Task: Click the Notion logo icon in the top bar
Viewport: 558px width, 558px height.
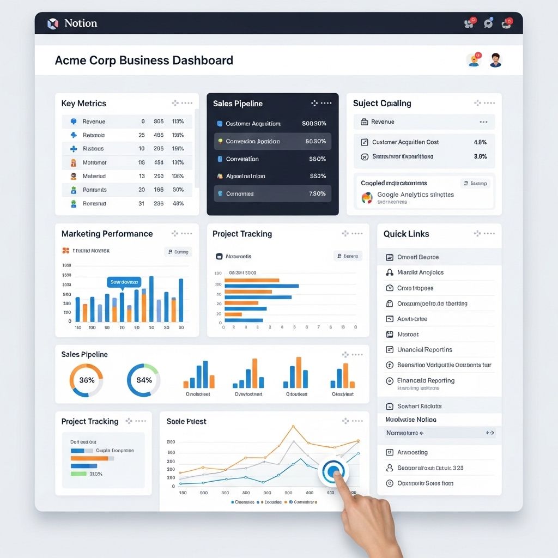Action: [x=53, y=23]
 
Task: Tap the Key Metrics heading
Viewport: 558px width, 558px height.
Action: [x=84, y=104]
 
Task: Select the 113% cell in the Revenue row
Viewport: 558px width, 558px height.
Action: [x=178, y=122]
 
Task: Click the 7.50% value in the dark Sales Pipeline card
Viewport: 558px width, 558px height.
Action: [x=317, y=194]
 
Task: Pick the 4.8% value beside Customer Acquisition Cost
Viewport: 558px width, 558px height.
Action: [x=480, y=142]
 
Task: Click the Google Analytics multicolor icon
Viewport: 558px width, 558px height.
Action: [x=367, y=198]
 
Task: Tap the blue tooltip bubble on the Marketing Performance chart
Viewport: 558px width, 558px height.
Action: [x=124, y=282]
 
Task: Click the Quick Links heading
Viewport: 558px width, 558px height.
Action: [x=406, y=234]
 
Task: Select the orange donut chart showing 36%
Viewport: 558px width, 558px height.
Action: [x=86, y=380]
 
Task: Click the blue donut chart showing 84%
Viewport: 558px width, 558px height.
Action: [x=143, y=380]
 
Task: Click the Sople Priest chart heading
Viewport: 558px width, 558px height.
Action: [x=186, y=422]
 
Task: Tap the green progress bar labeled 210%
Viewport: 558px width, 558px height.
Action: [x=78, y=474]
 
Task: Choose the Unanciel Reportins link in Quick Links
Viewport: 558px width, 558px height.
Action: [x=424, y=350]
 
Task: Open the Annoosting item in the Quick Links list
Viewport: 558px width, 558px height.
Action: [x=412, y=452]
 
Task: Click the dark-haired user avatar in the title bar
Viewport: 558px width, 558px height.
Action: [x=495, y=60]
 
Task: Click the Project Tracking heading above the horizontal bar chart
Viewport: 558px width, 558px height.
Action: [x=242, y=234]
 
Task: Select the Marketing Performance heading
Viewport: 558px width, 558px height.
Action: [x=107, y=234]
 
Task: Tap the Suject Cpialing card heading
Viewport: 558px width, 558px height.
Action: [x=382, y=104]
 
